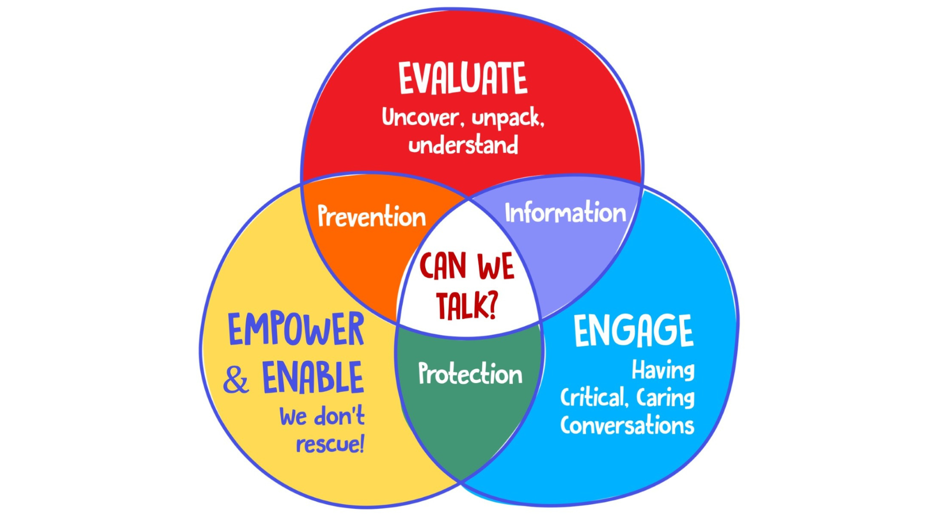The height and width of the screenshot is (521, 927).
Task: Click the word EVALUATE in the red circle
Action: click(463, 78)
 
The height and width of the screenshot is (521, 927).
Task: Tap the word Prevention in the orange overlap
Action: click(372, 216)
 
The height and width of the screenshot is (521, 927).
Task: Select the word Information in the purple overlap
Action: click(565, 213)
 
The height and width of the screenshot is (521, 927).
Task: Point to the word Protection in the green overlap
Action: click(470, 374)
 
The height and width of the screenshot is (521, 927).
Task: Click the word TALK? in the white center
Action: click(466, 305)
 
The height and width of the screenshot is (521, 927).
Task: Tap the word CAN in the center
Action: click(443, 266)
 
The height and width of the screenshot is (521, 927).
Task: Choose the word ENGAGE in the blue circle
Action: click(633, 331)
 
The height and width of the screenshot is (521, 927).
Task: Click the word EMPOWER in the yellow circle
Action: click(296, 329)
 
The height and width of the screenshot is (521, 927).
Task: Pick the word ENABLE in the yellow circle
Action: click(313, 378)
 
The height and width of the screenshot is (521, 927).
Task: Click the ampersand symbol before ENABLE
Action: click(236, 380)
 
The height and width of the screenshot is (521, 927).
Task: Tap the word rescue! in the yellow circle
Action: click(330, 444)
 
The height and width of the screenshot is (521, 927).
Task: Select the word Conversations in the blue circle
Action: click(627, 425)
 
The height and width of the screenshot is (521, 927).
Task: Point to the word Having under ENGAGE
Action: click(663, 370)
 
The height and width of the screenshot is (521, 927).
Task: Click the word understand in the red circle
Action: click(463, 145)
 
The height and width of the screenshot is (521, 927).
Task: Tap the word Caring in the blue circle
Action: click(665, 398)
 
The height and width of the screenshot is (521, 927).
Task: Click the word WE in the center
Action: click(496, 266)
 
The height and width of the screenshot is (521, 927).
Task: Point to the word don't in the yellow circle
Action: click(339, 416)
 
